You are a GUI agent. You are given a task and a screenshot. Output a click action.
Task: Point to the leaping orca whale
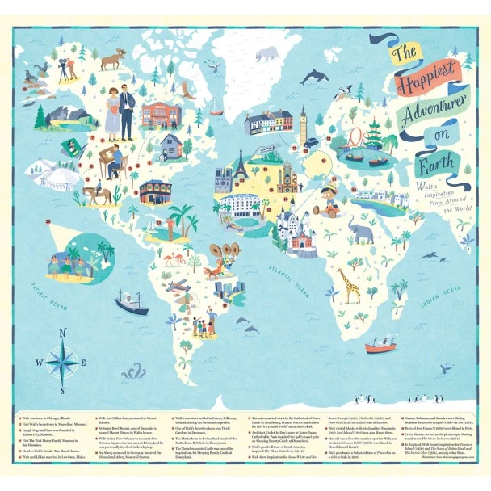pos(314,77)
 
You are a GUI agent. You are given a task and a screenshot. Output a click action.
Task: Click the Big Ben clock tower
pos(303,124)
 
